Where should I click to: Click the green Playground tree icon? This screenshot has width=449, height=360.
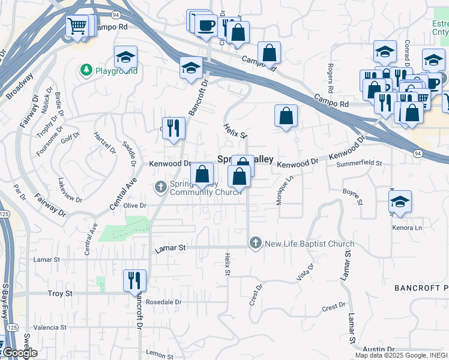tap(86, 71)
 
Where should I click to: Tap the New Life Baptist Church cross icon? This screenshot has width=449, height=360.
tap(255, 243)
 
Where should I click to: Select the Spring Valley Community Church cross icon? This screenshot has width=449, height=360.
tap(160, 187)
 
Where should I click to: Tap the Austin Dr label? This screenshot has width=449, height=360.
tap(378, 349)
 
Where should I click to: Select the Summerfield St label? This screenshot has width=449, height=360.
tap(359, 163)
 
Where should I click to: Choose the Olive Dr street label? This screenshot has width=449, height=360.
tap(135, 205)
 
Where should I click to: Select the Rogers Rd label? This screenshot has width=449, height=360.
tap(330, 73)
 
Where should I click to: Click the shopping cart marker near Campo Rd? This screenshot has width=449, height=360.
tap(77, 26)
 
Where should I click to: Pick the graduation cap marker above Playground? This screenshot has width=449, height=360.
tap(125, 57)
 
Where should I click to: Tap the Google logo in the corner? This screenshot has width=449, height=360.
tap(19, 353)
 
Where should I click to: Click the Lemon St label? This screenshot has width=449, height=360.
tap(159, 355)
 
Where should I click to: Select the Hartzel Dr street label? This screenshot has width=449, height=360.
tap(100, 143)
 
